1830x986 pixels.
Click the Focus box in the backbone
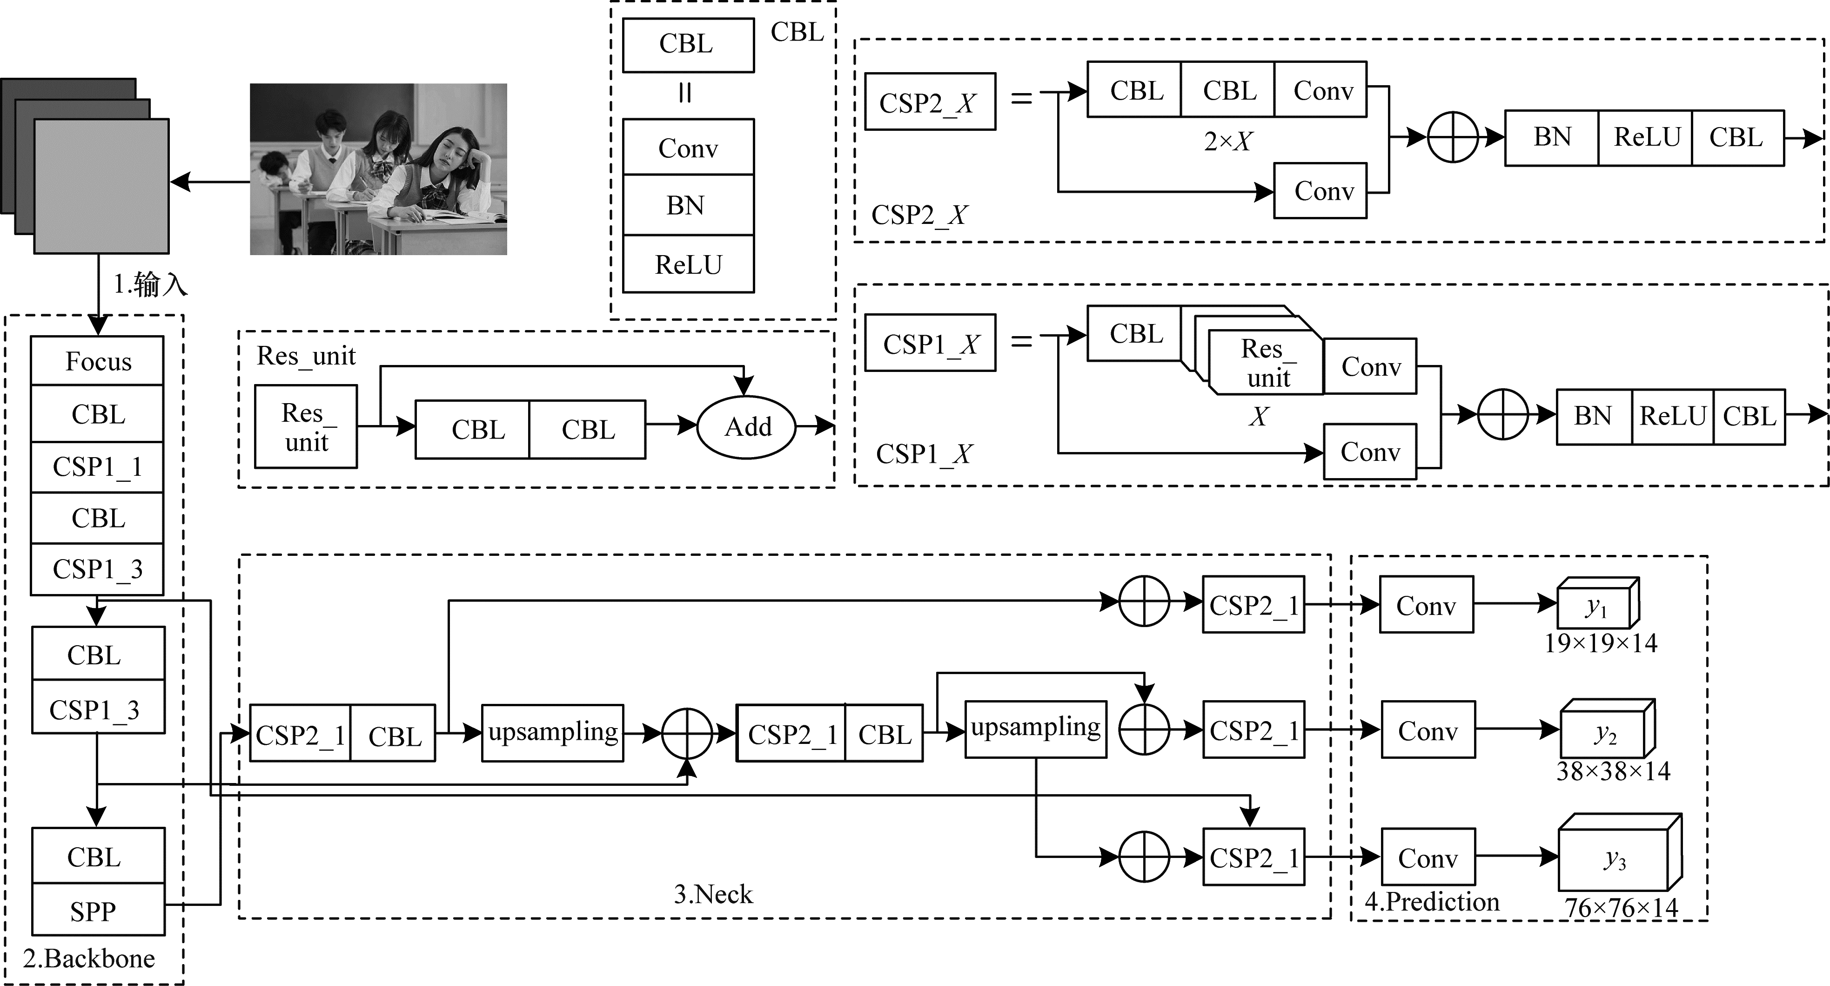(x=97, y=361)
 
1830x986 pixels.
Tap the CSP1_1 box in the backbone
(x=97, y=467)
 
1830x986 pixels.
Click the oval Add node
(x=747, y=426)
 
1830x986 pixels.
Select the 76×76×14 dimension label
(x=1621, y=908)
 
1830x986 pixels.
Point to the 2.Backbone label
(x=89, y=958)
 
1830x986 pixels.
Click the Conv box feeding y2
(x=1428, y=729)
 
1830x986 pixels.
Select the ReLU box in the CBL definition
(x=688, y=264)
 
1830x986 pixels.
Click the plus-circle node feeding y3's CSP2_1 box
(x=1144, y=857)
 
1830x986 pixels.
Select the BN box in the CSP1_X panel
(x=1594, y=417)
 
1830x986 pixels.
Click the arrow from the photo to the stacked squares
(x=210, y=182)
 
